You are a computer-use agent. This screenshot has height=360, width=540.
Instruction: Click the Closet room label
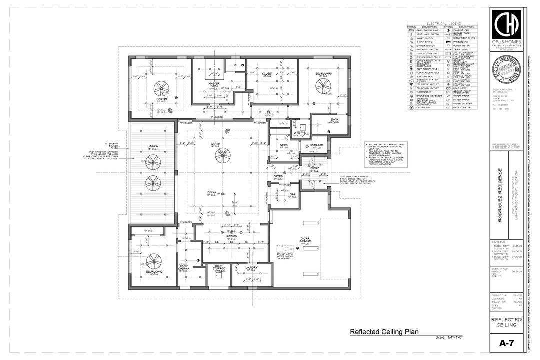267,74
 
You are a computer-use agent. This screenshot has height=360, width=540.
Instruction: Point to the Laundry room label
252,268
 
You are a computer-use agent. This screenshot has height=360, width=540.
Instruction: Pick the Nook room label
284,145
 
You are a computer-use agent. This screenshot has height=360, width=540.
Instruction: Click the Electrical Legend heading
442,23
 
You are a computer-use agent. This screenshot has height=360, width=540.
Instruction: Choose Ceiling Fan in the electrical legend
424,107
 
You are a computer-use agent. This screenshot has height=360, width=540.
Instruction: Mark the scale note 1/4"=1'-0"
449,338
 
